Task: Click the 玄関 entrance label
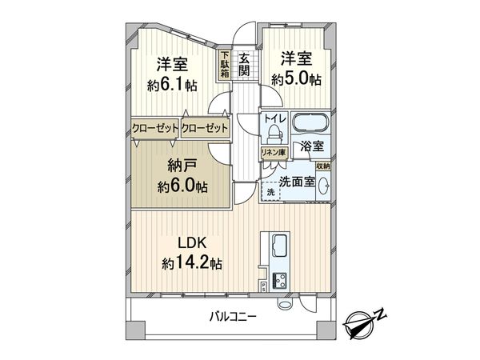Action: (245, 64)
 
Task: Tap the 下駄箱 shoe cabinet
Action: (226, 65)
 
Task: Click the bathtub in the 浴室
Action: (309, 126)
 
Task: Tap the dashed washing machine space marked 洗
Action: (270, 193)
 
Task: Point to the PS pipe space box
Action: (263, 286)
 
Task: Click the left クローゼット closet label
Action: (155, 128)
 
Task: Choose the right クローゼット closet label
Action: (204, 128)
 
